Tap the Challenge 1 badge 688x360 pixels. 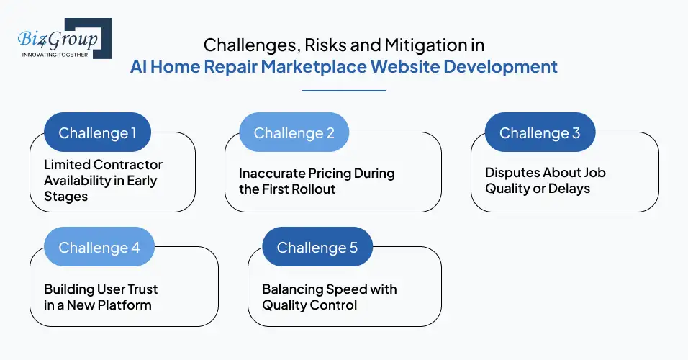click(x=97, y=132)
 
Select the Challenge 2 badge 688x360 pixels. click(x=294, y=132)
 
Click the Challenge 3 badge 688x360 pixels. click(x=540, y=132)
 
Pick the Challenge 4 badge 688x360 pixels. click(x=99, y=247)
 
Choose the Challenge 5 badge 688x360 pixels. click(x=317, y=247)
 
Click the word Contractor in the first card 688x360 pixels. click(x=127, y=165)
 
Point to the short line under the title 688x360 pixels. click(x=343, y=91)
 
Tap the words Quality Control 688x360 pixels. click(x=309, y=305)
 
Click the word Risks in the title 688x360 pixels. click(x=312, y=45)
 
